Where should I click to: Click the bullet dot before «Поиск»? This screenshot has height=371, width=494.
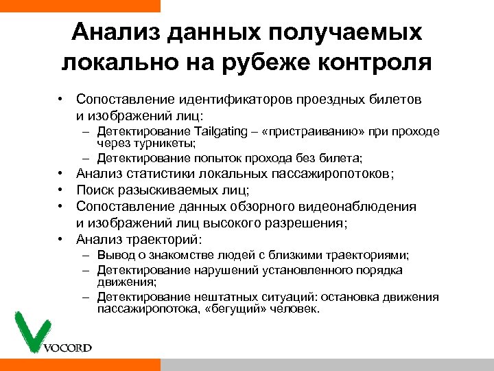click(61, 190)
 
